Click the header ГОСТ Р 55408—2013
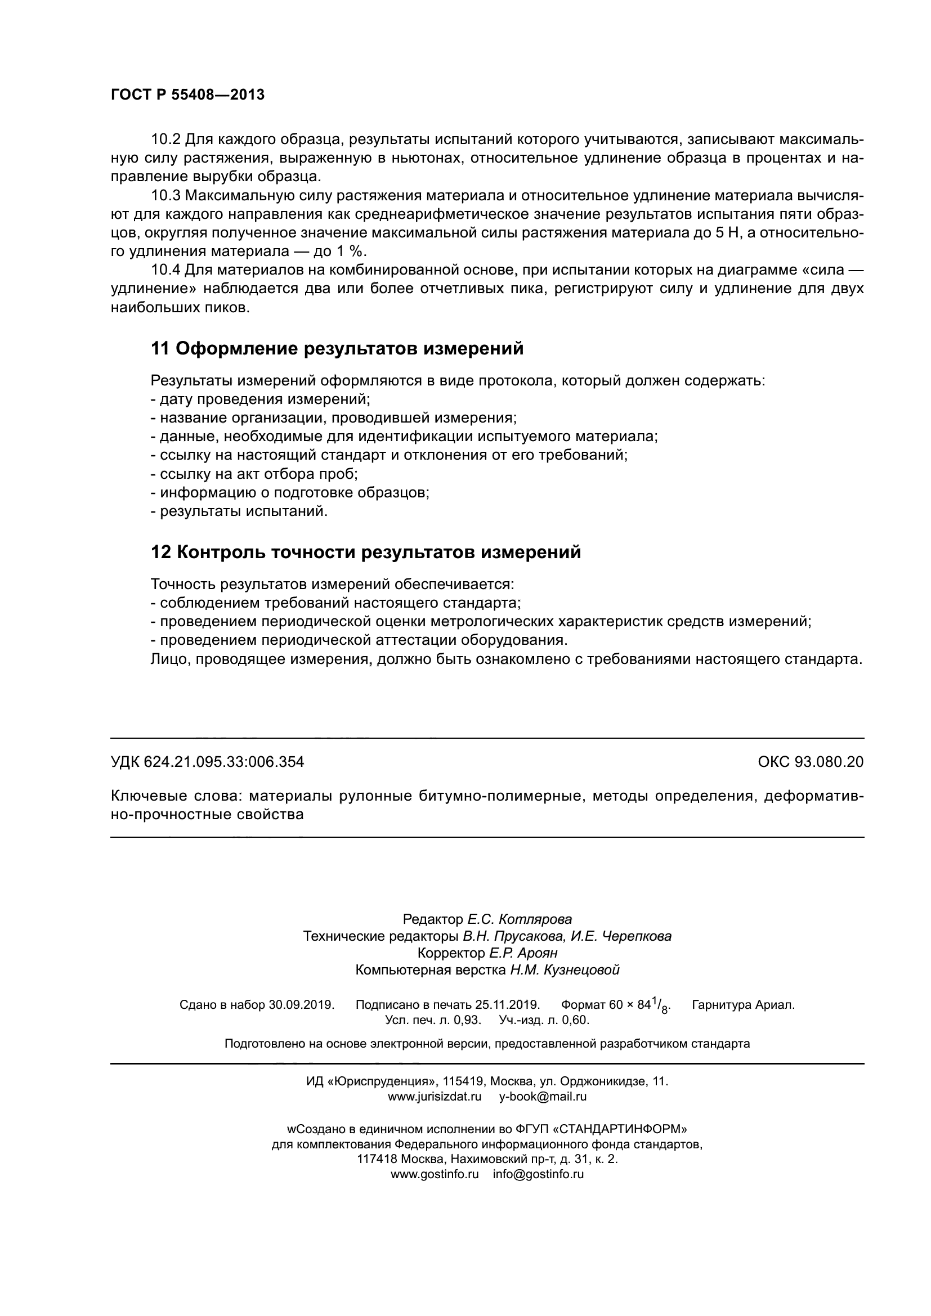pos(187,95)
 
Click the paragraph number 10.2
pos(165,140)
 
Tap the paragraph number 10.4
pos(165,270)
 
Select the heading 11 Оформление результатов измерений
pos(337,348)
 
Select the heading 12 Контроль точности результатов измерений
pos(366,552)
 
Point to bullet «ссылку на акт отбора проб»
pos(254,474)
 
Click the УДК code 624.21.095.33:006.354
pos(223,762)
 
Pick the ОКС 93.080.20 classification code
pos(810,762)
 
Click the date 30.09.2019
pos(301,1005)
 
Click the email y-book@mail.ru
pos(543,1097)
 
